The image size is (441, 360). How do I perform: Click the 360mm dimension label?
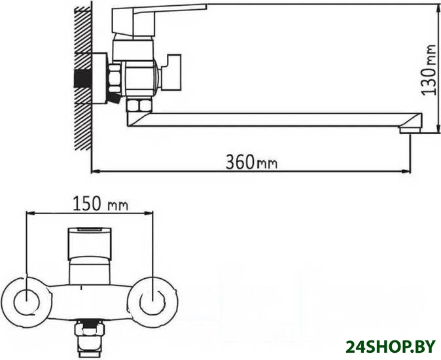[x=252, y=162]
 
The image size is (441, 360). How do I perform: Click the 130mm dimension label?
[x=430, y=70]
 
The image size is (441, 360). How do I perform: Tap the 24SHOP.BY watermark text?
[x=391, y=346]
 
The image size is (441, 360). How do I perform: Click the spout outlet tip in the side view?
[x=410, y=130]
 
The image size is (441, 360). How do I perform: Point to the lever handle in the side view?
[x=159, y=20]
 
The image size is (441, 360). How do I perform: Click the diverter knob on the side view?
[x=171, y=72]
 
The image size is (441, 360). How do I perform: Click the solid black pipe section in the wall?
[x=82, y=78]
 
